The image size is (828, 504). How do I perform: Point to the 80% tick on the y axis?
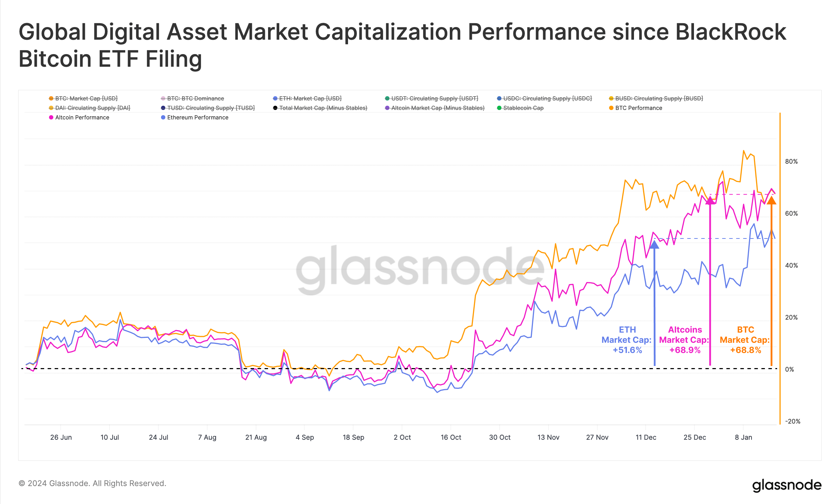pos(791,162)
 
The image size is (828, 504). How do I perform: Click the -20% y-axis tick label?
pos(792,421)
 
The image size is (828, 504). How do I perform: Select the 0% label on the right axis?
pos(789,369)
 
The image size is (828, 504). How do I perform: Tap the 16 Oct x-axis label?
pos(451,437)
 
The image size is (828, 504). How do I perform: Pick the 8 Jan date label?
pos(743,437)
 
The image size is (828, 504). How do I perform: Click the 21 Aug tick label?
pos(256,437)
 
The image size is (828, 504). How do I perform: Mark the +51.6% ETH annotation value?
pos(627,350)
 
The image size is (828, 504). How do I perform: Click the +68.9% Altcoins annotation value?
pos(685,350)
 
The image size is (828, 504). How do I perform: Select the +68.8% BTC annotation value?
pos(746,350)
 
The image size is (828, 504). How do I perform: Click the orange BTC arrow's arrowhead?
pos(771,201)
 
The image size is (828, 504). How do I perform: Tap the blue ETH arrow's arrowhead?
pos(654,244)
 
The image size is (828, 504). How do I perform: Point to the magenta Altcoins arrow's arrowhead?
pos(710,201)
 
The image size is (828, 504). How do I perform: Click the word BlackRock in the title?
pos(730,32)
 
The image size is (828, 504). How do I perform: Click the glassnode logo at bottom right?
pos(787,485)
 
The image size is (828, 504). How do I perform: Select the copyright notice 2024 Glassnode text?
pos(92,483)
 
